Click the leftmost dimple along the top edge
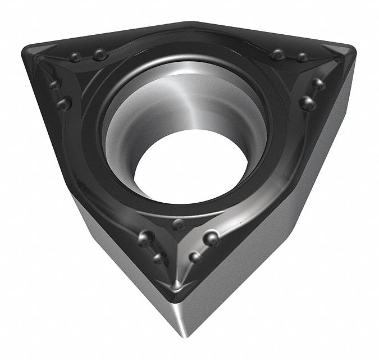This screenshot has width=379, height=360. point(74,57)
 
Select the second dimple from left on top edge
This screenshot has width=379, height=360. point(100,54)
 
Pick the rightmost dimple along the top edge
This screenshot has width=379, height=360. point(302,57)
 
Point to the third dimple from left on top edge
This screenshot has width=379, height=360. point(277,54)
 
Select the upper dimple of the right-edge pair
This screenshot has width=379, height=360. point(318,84)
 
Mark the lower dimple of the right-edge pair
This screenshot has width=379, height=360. point(307,103)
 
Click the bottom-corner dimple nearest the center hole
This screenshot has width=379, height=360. point(178,225)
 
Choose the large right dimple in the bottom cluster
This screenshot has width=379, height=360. point(211,238)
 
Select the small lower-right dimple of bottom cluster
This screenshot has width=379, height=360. point(195,257)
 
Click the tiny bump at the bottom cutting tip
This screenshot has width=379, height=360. point(177,286)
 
